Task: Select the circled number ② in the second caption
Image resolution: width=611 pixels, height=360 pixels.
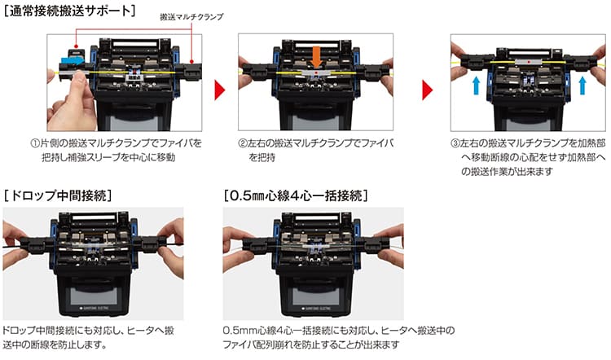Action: click(x=244, y=143)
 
